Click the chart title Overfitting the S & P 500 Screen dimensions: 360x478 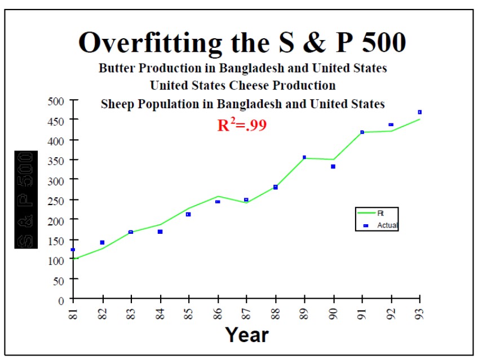[242, 43]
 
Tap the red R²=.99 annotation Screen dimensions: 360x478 [242, 125]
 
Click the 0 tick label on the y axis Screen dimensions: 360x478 [61, 299]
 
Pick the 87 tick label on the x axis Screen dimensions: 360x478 [246, 312]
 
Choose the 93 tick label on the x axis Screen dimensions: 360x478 [420, 312]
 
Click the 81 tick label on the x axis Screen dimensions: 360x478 [73, 312]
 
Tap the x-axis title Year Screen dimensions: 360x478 [247, 335]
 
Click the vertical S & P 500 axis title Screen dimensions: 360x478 [26, 199]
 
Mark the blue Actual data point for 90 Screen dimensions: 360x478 [333, 167]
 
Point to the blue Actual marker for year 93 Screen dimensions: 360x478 [420, 112]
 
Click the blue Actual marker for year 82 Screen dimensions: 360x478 [102, 242]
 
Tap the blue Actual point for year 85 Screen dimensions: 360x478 [188, 215]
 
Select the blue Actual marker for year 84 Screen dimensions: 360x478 [160, 232]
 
